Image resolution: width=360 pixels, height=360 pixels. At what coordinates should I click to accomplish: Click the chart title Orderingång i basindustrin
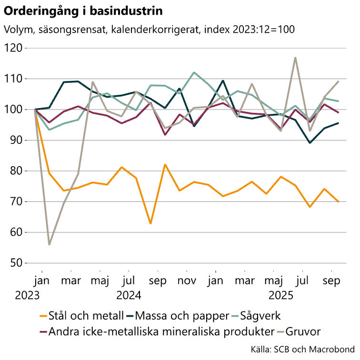[83, 10]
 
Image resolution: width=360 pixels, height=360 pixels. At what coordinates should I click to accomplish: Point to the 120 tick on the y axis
[14, 48]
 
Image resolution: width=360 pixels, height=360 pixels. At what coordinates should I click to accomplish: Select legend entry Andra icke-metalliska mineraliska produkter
[161, 331]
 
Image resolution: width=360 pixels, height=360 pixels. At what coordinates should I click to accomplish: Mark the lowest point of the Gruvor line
[49, 244]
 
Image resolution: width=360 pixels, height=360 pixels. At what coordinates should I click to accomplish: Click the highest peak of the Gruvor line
[295, 58]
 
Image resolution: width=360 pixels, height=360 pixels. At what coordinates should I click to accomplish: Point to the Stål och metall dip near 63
[150, 223]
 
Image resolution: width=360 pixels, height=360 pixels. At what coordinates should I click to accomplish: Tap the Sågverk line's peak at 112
[194, 72]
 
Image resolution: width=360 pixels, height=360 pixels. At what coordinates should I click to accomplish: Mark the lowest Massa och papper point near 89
[310, 142]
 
